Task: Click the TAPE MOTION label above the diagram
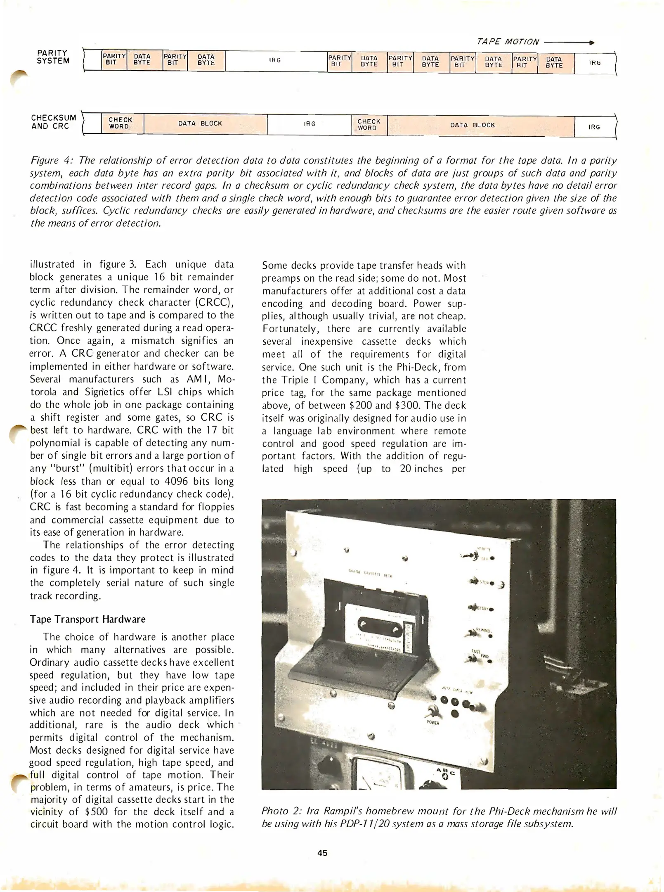(x=508, y=42)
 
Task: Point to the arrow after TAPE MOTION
(x=569, y=42)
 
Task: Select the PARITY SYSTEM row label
(x=53, y=57)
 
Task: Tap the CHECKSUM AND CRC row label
(x=54, y=122)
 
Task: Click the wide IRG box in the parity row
(x=275, y=60)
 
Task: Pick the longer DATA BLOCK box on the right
(x=473, y=125)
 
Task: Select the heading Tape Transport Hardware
(x=87, y=619)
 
